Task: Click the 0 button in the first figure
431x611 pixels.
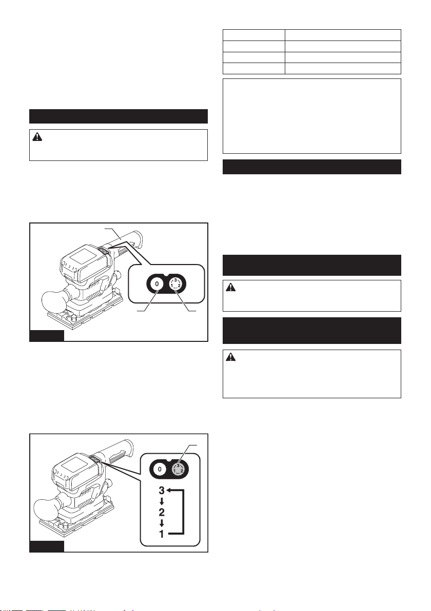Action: [157, 284]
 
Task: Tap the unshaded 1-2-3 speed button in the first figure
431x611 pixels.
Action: [175, 284]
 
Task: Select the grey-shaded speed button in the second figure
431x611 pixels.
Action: [178, 469]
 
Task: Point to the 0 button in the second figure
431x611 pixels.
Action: [160, 469]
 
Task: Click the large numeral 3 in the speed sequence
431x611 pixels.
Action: [162, 490]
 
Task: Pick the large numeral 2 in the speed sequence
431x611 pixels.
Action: [162, 512]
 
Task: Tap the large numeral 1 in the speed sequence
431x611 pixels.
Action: [162, 534]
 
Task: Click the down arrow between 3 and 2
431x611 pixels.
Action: [162, 501]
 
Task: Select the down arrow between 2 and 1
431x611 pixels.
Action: [162, 523]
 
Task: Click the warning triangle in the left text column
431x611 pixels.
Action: [37, 137]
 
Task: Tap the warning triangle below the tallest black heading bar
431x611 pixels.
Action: [231, 357]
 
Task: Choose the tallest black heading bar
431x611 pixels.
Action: [311, 331]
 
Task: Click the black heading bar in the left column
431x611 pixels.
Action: [119, 116]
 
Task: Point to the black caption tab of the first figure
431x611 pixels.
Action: [47, 336]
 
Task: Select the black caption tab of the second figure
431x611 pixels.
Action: [47, 546]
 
